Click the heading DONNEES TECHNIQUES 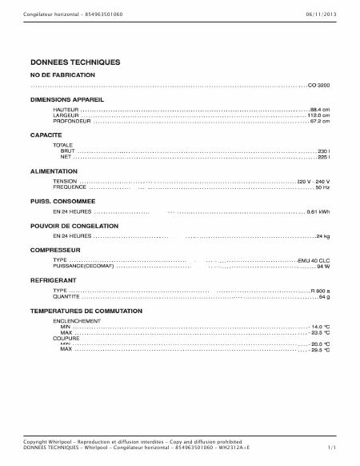[x=75, y=62]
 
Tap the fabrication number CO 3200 [x=318, y=84]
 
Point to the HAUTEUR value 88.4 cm [x=320, y=109]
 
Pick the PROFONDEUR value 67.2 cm [x=320, y=121]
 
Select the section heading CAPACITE [x=46, y=136]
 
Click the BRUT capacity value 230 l [x=324, y=151]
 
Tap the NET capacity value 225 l [x=324, y=157]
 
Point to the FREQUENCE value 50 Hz [x=322, y=187]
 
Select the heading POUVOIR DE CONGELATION [x=74, y=226]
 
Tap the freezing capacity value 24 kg [x=323, y=237]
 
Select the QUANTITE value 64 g [x=324, y=296]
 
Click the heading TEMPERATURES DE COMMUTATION [x=86, y=311]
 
